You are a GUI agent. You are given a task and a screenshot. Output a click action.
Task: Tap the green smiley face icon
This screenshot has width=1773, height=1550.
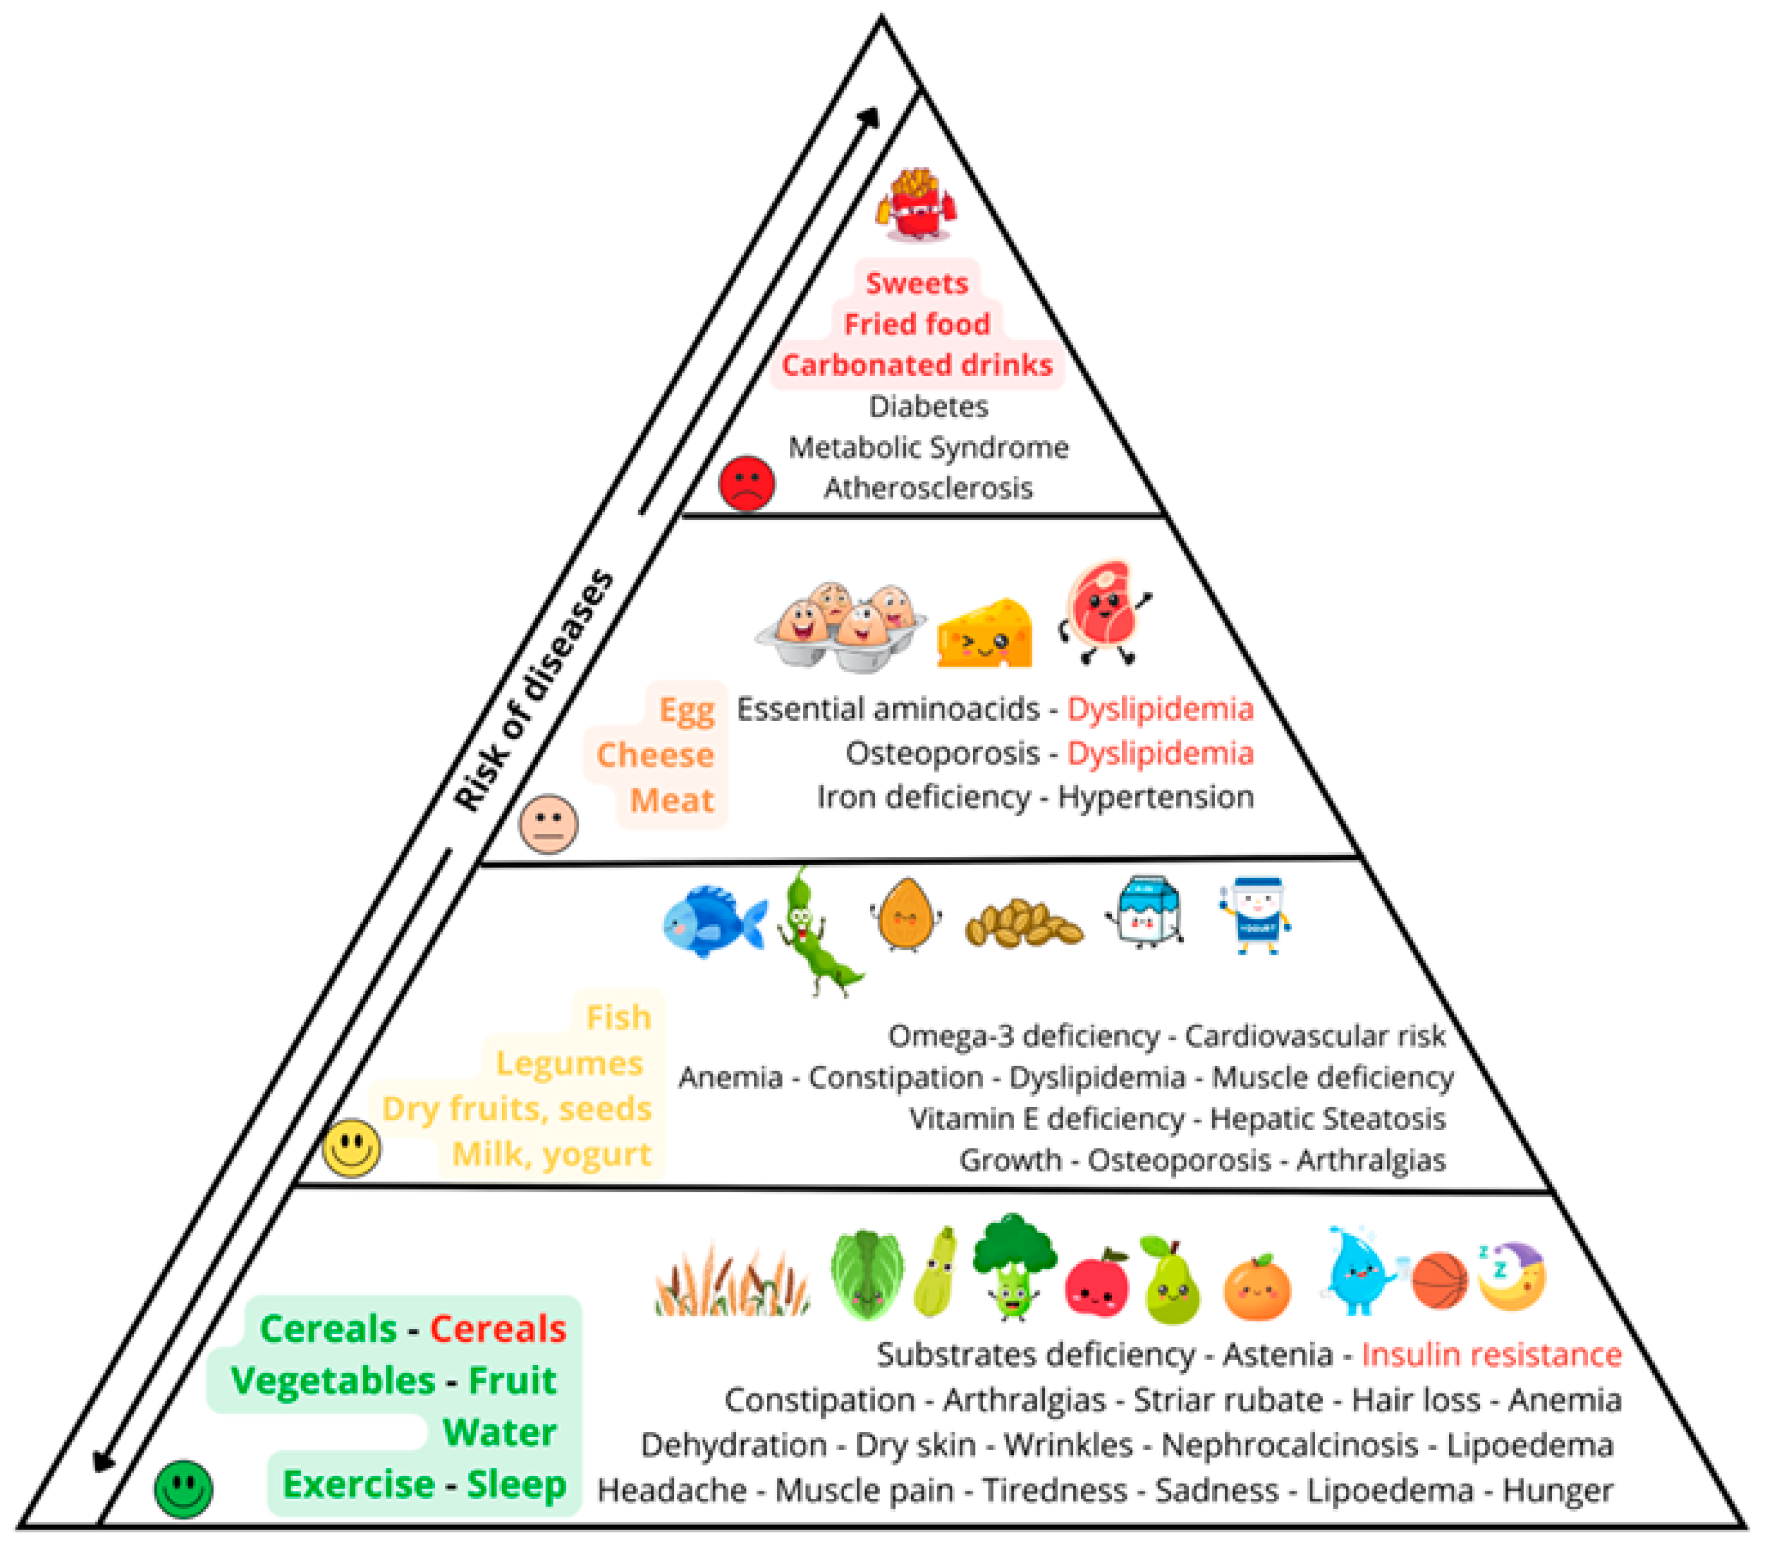183,1489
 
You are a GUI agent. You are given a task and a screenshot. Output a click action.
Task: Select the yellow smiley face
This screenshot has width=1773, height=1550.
351,1148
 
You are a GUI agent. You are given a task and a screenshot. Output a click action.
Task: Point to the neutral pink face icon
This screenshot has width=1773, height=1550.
548,823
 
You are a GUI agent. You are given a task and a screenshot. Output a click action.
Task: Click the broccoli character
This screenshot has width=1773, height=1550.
1014,1265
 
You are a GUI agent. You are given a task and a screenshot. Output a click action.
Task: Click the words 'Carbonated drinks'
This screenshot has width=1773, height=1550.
917,365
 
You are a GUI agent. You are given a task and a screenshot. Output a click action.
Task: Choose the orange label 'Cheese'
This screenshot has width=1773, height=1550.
655,755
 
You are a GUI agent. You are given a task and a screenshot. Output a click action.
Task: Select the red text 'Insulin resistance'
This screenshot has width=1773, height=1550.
1491,1354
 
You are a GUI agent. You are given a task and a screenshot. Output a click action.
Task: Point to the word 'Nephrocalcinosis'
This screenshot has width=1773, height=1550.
1290,1444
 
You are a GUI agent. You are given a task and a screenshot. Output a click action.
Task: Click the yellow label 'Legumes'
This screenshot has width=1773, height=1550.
569,1063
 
